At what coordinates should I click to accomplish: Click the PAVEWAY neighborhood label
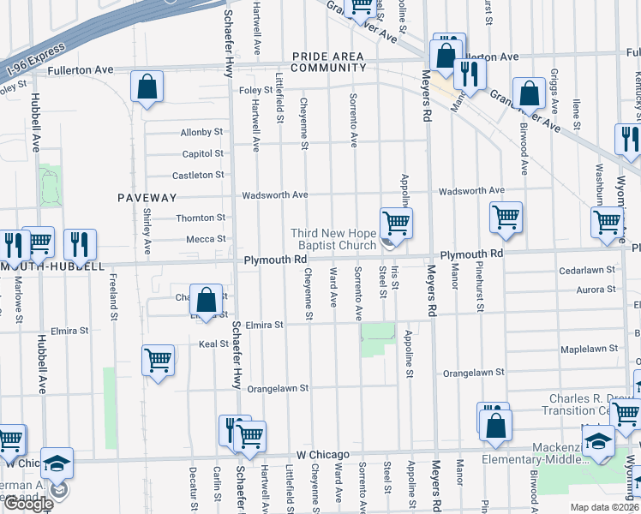coord(140,197)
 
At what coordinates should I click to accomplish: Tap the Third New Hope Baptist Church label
coord(333,239)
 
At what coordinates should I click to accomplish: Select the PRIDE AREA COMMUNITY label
coord(328,62)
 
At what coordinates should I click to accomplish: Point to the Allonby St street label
coord(201,133)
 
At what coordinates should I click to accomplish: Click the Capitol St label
coord(202,154)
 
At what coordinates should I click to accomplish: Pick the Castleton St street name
coord(197,175)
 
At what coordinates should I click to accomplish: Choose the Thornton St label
coord(201,218)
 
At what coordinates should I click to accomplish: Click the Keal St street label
coord(212,344)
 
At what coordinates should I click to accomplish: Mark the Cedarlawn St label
coord(587,269)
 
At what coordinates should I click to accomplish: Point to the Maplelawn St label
coord(589,350)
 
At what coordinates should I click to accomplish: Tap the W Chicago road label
coord(323,454)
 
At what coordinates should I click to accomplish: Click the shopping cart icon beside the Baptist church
coord(396,224)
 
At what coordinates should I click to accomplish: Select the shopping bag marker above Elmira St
coord(206,301)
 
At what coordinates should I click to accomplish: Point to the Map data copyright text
coord(606,507)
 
